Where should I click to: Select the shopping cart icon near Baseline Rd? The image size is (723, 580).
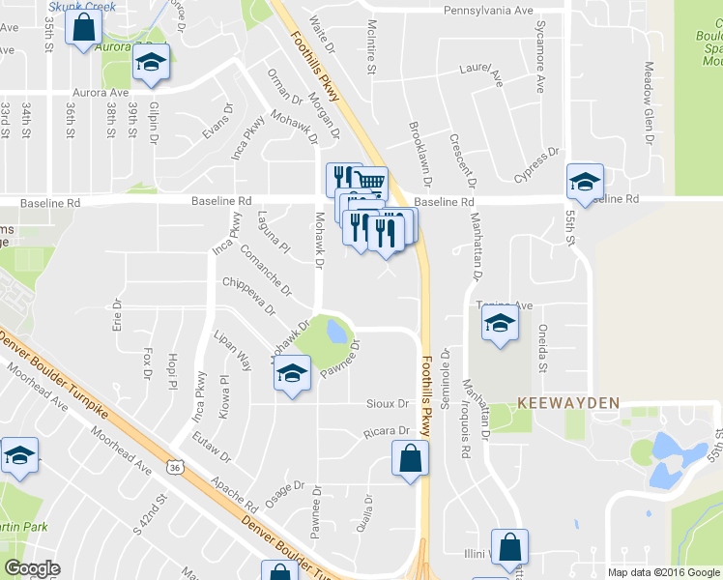click(x=370, y=183)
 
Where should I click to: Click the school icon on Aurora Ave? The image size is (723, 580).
click(x=150, y=63)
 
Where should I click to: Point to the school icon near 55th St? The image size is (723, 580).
click(x=584, y=181)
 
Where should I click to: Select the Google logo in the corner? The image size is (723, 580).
click(x=32, y=568)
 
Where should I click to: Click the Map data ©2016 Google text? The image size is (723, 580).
click(x=662, y=572)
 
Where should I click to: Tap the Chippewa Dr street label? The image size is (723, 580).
click(x=248, y=296)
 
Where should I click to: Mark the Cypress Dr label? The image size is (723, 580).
click(x=537, y=164)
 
